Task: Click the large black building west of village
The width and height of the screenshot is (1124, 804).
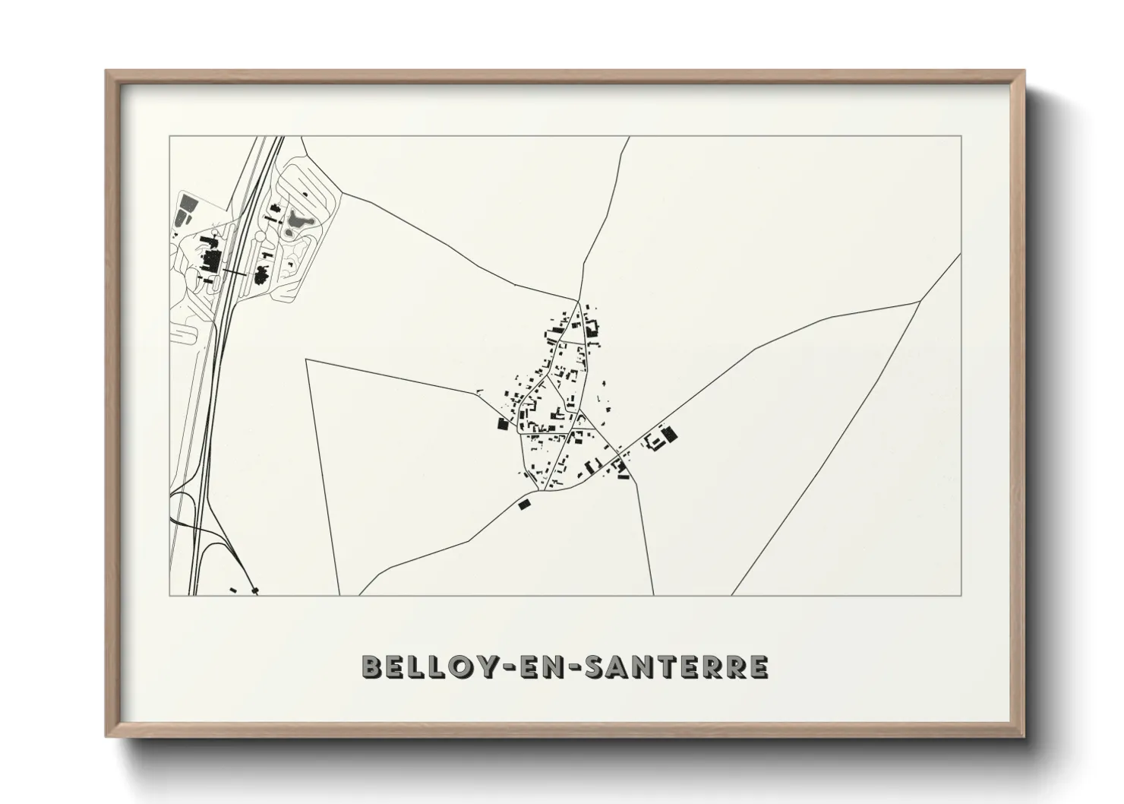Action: click(501, 424)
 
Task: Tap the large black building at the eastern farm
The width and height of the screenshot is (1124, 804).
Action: click(669, 435)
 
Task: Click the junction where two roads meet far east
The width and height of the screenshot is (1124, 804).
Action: click(920, 301)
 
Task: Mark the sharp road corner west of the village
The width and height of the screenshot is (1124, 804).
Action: click(306, 360)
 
